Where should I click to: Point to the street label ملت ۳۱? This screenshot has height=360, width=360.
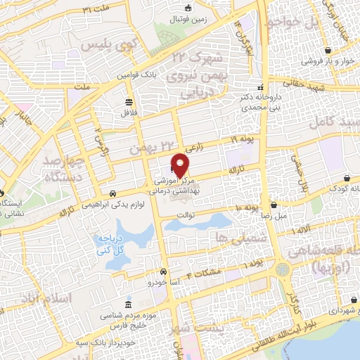pos(98,10)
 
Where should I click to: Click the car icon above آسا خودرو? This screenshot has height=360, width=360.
pos(163,271)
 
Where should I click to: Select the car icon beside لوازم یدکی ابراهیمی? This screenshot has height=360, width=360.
pos(112,193)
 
